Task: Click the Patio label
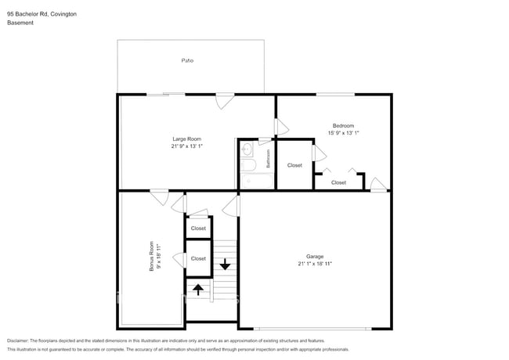[x=187, y=60]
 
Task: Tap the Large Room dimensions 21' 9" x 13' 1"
[x=187, y=146]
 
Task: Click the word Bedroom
[x=343, y=125]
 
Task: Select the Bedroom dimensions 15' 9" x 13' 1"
[x=343, y=132]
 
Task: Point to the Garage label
[x=315, y=256]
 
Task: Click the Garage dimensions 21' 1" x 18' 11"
[x=315, y=264]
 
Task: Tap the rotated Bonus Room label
[x=151, y=258]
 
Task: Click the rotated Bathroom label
[x=268, y=160]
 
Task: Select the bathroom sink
[x=247, y=149]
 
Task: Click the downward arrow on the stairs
[x=225, y=264]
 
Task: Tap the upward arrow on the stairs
[x=198, y=289]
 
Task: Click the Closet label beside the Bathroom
[x=294, y=165]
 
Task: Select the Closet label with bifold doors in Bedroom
[x=338, y=182]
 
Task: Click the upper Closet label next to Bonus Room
[x=198, y=229]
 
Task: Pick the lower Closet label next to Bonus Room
[x=198, y=258]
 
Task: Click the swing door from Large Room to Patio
[x=225, y=101]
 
